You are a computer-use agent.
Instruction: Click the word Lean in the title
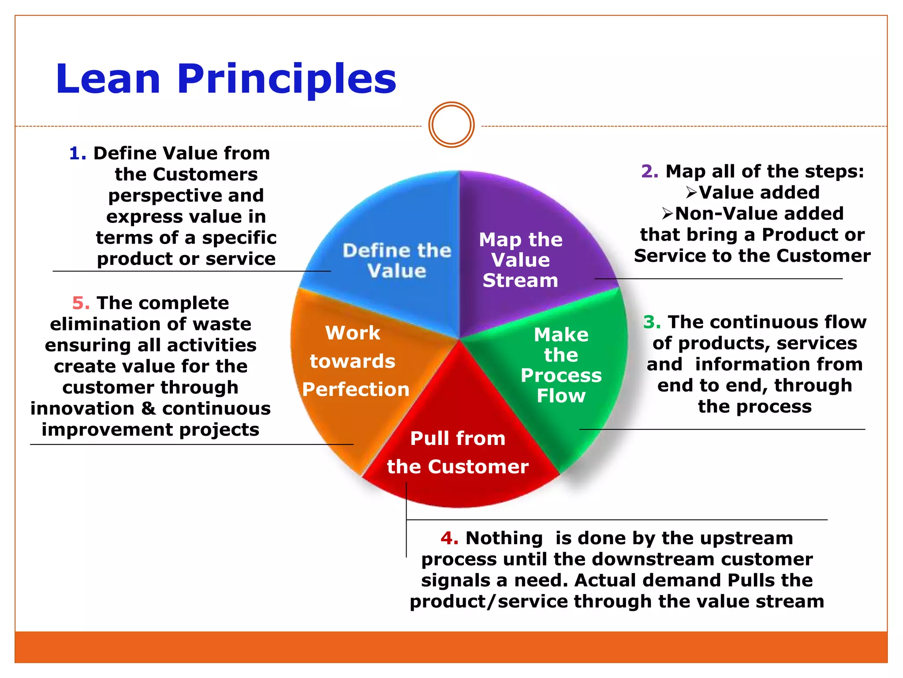[108, 79]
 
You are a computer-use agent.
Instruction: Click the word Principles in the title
[287, 79]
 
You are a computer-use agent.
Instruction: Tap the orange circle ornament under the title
[451, 125]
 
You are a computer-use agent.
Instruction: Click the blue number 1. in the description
[78, 154]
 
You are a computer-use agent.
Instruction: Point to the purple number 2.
[649, 171]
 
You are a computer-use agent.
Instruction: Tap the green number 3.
[652, 322]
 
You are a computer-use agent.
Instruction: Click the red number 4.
[449, 538]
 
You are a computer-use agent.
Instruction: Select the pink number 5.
[81, 303]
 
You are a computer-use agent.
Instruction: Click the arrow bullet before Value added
[691, 192]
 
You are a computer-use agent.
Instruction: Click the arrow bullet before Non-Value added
[667, 214]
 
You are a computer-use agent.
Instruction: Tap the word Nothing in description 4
[504, 538]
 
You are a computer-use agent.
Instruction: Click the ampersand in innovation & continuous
[149, 409]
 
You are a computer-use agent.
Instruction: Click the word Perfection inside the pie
[356, 390]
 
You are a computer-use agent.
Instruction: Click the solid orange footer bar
[451, 647]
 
